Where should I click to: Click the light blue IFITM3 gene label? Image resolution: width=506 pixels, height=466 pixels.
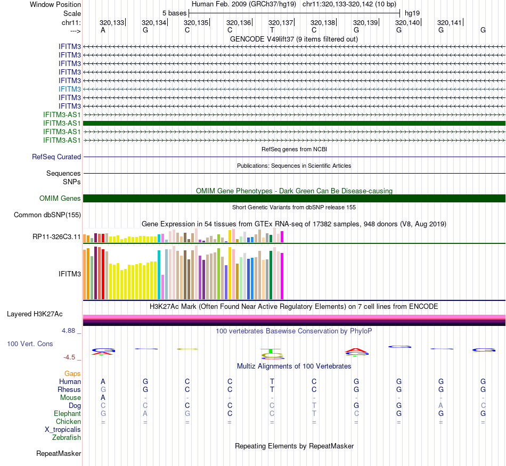point(70,89)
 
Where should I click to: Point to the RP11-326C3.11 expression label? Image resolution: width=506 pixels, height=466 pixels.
point(56,236)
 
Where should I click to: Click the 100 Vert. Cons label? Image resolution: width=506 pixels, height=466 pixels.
point(30,344)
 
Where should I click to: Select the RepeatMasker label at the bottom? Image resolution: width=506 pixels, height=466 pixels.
point(59,454)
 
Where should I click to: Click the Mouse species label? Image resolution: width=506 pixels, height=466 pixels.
point(70,398)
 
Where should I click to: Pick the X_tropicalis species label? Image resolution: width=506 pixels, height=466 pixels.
point(63,430)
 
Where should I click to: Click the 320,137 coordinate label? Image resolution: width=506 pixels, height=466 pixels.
point(281,22)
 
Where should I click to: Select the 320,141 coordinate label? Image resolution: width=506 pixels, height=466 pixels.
point(450,22)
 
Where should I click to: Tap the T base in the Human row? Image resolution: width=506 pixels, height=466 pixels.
point(272,382)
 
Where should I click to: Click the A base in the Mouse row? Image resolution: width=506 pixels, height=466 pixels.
point(103,398)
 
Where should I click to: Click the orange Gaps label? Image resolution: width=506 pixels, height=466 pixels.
point(72,374)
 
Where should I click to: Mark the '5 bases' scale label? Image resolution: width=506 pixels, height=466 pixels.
point(174,12)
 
